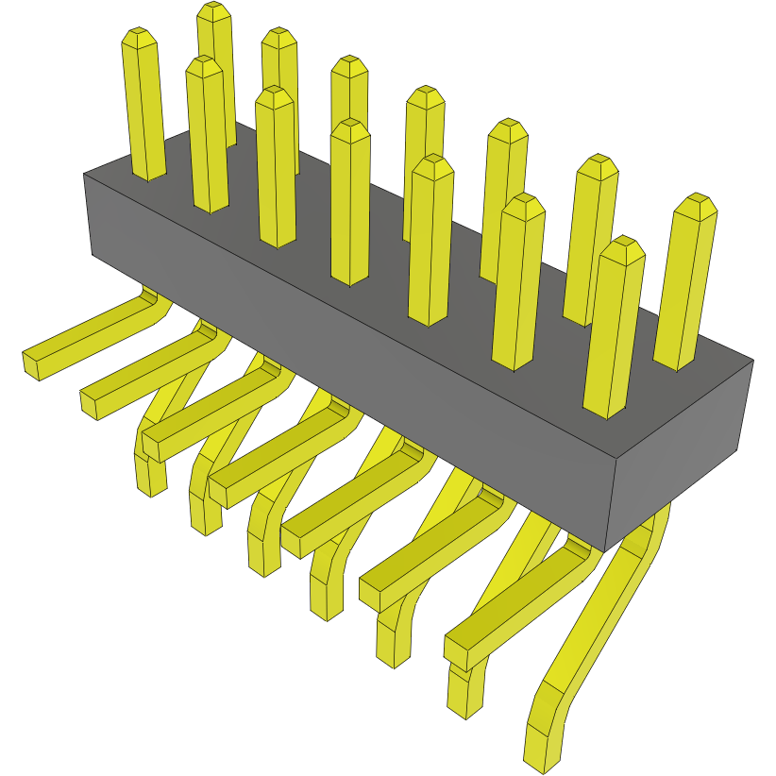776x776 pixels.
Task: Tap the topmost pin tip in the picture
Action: pos(214,12)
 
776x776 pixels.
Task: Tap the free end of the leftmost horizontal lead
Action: pos(31,363)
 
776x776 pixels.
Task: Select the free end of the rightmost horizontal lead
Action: pos(457,650)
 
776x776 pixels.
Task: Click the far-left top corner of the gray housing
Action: pos(84,175)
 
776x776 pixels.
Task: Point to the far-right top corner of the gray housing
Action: pos(752,361)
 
